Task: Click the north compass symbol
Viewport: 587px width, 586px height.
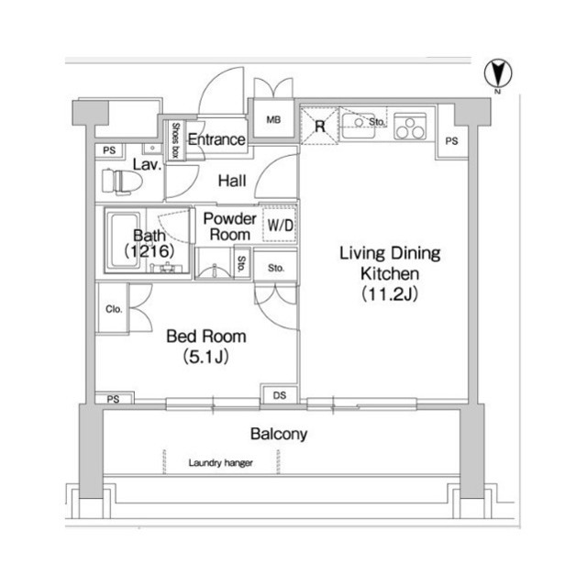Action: pyautogui.click(x=498, y=73)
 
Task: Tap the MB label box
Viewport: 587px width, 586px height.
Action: pyautogui.click(x=273, y=120)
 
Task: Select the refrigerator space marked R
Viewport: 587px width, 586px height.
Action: pyautogui.click(x=320, y=127)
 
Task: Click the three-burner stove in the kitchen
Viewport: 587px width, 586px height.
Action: pyautogui.click(x=410, y=127)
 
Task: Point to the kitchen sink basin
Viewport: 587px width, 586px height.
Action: pyautogui.click(x=359, y=125)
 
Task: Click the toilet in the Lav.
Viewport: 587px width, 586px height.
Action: pyautogui.click(x=122, y=182)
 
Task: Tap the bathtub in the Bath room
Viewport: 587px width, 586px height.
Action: pyautogui.click(x=124, y=240)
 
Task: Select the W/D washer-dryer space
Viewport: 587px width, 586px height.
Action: pyautogui.click(x=280, y=225)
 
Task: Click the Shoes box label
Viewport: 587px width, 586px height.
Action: pyautogui.click(x=175, y=140)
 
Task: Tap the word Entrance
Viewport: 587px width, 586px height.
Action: pyautogui.click(x=216, y=139)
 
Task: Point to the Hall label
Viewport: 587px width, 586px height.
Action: pyautogui.click(x=232, y=181)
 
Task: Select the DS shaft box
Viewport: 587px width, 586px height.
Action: pyautogui.click(x=279, y=394)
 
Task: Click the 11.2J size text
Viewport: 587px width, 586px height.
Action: pyautogui.click(x=390, y=294)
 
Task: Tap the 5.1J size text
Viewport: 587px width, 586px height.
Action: pyautogui.click(x=205, y=357)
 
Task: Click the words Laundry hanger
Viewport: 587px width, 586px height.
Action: pyautogui.click(x=220, y=463)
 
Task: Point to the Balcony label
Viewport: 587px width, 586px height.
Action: pyautogui.click(x=279, y=434)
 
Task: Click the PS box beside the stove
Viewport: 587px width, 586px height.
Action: pyautogui.click(x=452, y=141)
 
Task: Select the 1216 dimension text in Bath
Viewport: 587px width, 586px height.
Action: pyautogui.click(x=149, y=250)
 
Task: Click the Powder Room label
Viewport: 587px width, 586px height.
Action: pyautogui.click(x=229, y=227)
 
